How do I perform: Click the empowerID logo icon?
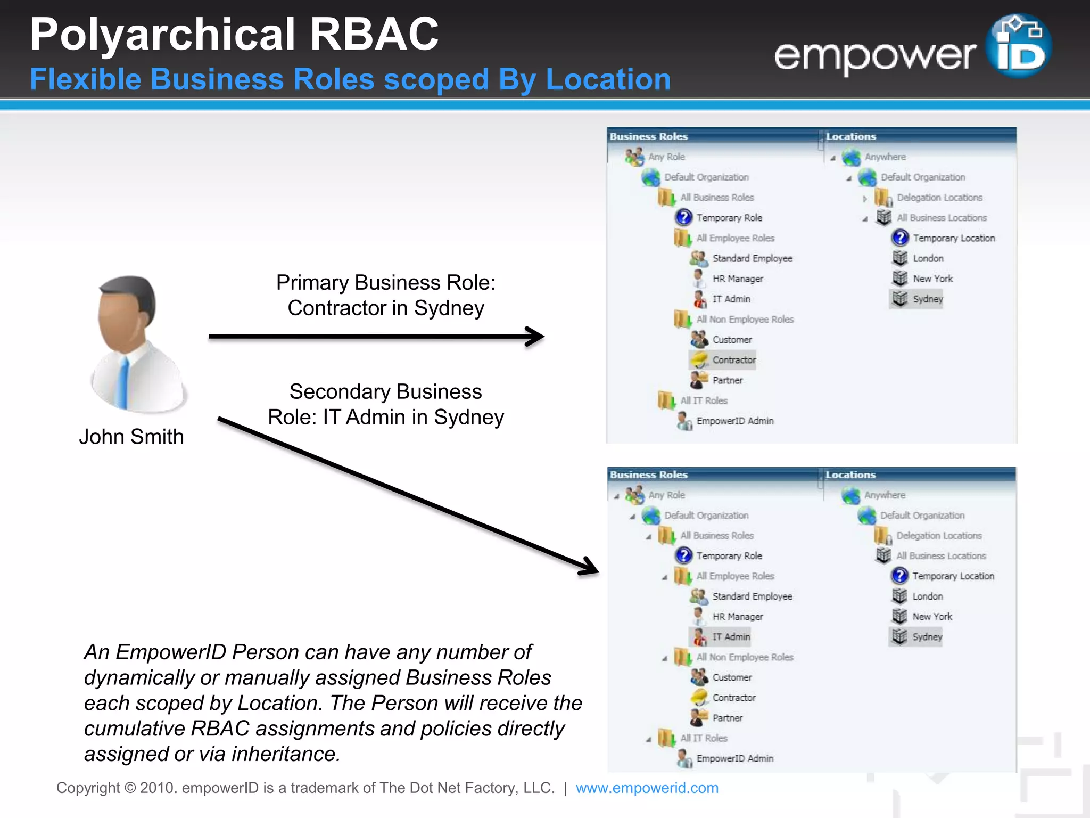(x=1018, y=47)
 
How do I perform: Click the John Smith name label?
(x=131, y=437)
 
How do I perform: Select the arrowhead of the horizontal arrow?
(x=536, y=336)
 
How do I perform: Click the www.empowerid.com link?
(x=647, y=788)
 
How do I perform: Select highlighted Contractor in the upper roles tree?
(x=733, y=360)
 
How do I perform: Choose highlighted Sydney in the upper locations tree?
(x=927, y=299)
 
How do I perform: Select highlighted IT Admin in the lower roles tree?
(x=731, y=636)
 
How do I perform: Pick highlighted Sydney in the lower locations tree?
(x=927, y=636)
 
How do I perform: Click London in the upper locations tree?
(x=928, y=258)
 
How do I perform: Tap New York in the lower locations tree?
(x=932, y=616)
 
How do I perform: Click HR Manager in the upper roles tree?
(x=737, y=279)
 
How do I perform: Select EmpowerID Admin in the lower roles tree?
(x=734, y=758)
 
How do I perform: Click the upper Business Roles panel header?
(x=649, y=136)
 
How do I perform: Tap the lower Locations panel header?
(x=850, y=475)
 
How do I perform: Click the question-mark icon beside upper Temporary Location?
(x=899, y=238)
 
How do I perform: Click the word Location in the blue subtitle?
(x=608, y=79)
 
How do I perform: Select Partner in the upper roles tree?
(x=727, y=380)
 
